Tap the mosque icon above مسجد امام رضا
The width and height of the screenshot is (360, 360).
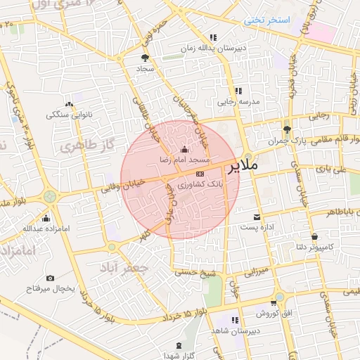[x=184, y=149]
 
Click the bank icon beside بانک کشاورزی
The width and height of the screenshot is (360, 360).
[x=200, y=173]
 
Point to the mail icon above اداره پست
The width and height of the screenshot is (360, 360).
[x=257, y=217]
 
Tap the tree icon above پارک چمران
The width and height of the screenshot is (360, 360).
[x=286, y=129]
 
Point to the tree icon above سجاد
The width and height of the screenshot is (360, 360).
[x=146, y=58]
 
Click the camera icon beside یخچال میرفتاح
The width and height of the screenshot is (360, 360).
[x=50, y=278]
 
